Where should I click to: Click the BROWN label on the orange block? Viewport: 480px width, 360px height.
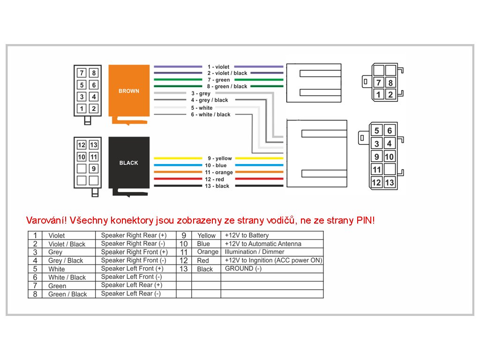(128, 91)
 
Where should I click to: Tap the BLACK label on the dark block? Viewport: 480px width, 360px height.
(128, 163)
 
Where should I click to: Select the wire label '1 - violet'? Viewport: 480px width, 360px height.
(218, 67)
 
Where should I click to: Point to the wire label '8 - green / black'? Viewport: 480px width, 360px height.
(227, 86)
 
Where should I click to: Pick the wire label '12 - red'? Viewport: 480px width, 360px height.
(214, 180)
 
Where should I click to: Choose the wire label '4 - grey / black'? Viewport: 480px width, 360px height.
(210, 100)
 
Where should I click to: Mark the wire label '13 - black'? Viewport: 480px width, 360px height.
(216, 186)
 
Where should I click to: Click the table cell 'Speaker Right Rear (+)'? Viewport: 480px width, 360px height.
(134, 235)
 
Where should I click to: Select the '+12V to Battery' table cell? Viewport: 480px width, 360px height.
(247, 235)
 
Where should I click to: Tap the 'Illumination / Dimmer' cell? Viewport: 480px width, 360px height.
(255, 252)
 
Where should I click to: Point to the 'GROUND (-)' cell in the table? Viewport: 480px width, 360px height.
(243, 269)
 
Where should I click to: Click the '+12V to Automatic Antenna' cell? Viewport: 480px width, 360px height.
(263, 244)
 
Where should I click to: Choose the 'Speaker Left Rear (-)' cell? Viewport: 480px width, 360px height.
(131, 293)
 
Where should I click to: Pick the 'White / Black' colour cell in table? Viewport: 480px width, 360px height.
(67, 277)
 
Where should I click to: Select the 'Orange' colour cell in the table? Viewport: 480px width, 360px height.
(208, 252)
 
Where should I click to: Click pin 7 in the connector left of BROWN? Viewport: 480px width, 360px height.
(82, 73)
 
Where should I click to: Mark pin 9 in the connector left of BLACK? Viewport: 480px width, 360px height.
(94, 169)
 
